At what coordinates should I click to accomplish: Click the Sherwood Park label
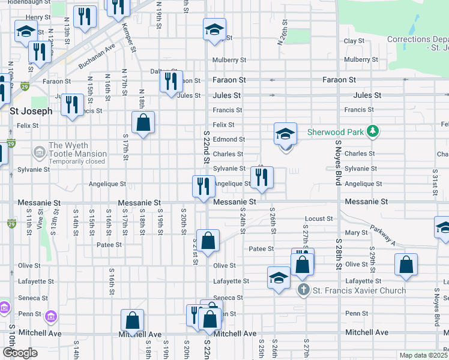pos(337,131)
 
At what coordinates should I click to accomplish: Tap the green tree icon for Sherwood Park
pos(373,131)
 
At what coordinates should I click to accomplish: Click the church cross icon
pos(304,290)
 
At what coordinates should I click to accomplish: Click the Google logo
pos(20,353)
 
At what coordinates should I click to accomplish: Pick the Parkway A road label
pos(382,235)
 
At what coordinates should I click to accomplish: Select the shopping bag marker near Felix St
pos(143,123)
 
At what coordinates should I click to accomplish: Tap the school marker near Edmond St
pos(286,135)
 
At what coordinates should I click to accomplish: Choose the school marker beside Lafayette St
pos(279,278)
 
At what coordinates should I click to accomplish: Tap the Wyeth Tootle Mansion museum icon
pos(40,151)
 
